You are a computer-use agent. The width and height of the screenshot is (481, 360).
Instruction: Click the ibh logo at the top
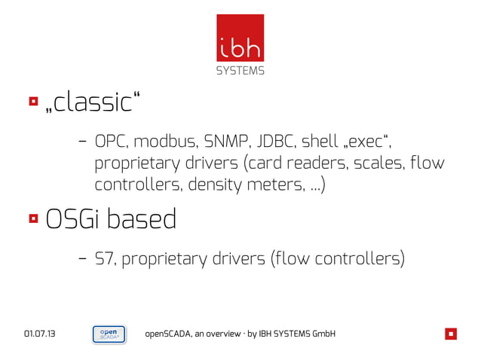pyautogui.click(x=240, y=39)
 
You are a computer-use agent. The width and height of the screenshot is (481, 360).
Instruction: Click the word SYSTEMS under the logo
pyautogui.click(x=240, y=72)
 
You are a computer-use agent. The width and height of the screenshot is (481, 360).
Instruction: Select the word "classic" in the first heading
pyautogui.click(x=93, y=102)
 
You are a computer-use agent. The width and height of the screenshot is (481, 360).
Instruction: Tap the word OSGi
pyautogui.click(x=73, y=220)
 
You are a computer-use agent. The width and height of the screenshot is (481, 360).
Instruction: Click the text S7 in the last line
pyautogui.click(x=104, y=259)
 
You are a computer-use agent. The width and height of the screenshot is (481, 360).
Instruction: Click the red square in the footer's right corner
pyautogui.click(x=451, y=334)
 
